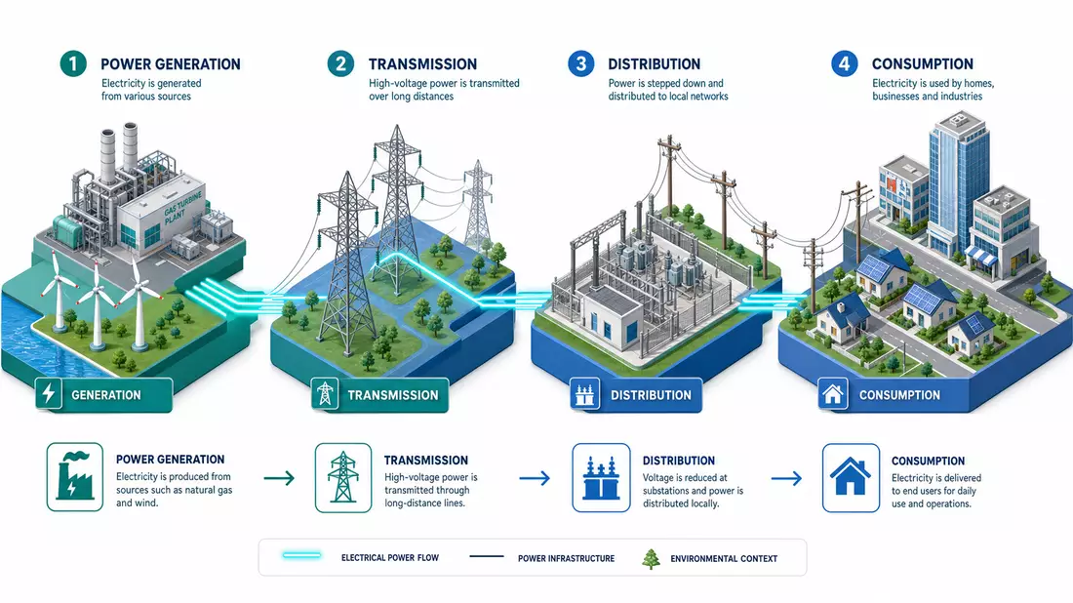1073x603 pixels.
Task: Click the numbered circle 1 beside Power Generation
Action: click(73, 63)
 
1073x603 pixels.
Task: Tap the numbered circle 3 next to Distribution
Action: click(581, 63)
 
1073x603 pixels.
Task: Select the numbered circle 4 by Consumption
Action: click(845, 63)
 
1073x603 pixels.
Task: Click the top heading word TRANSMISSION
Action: click(423, 64)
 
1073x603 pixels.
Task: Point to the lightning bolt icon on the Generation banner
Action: click(49, 393)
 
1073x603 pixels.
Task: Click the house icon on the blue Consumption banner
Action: click(833, 394)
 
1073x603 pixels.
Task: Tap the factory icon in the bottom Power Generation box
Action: click(74, 476)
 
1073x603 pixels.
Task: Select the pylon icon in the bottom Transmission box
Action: click(342, 477)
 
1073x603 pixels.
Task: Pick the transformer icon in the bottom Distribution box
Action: click(601, 478)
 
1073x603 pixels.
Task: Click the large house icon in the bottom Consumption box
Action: click(851, 476)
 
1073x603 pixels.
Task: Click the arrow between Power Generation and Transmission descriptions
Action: click(279, 478)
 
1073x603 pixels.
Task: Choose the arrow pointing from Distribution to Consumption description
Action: click(786, 478)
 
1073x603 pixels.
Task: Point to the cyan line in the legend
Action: click(301, 555)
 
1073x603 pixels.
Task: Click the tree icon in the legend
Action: click(651, 558)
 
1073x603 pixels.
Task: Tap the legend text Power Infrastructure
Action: click(566, 558)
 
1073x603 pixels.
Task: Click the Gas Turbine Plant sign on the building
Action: click(182, 208)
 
